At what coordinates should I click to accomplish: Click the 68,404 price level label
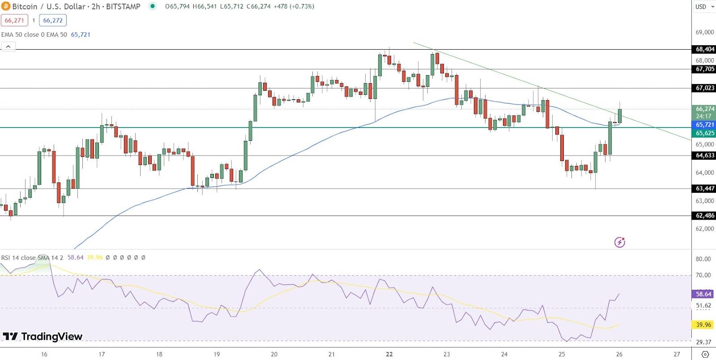tap(705, 49)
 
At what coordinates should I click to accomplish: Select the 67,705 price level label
tap(705, 69)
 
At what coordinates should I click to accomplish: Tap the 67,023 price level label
tap(705, 88)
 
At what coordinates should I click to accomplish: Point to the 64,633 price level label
tap(705, 155)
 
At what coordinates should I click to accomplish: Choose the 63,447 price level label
tap(705, 189)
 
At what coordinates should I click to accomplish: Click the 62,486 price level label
tap(705, 216)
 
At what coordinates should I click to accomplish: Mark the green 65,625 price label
tap(705, 133)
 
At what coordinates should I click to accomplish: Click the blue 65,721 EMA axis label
tap(705, 125)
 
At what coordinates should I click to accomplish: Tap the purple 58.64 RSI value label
tap(703, 294)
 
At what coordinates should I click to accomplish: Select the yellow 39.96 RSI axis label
tap(703, 325)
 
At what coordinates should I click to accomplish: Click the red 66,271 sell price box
tap(14, 21)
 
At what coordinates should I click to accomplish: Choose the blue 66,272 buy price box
tap(53, 21)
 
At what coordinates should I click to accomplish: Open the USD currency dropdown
tap(704, 7)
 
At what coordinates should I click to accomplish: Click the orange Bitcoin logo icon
tap(6, 6)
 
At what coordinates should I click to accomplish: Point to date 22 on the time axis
tap(389, 354)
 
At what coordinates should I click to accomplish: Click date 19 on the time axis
tap(217, 354)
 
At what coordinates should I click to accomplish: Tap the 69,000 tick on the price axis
tap(705, 32)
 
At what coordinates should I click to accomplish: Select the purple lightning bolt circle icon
tap(619, 242)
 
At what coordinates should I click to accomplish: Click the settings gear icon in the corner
tap(705, 354)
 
